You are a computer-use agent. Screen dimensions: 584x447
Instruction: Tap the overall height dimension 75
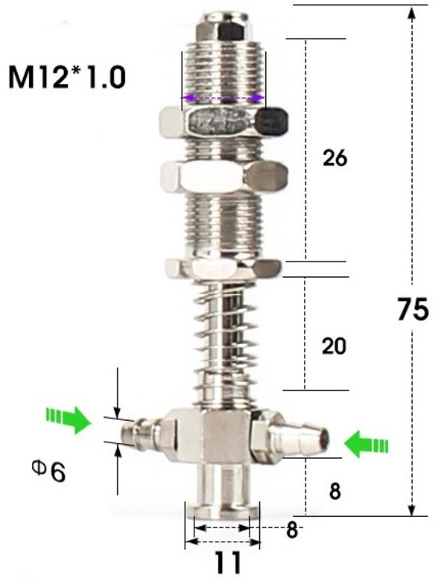413,309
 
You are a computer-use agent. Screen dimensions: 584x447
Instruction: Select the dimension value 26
335,158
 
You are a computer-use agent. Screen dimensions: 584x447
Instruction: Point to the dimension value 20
335,346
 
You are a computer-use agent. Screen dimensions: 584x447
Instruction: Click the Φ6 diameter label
48,471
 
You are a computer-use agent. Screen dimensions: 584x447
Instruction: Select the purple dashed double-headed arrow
223,98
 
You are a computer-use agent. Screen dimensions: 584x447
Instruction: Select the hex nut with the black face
224,122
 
